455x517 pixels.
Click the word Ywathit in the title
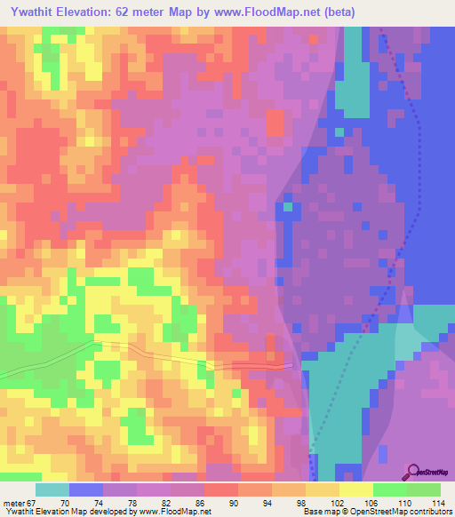(x=33, y=11)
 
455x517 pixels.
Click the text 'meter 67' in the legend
(x=20, y=502)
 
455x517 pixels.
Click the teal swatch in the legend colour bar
(x=52, y=489)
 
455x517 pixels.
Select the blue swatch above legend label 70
(x=86, y=489)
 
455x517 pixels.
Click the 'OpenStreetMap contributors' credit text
(x=408, y=512)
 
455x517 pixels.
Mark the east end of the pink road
(x=291, y=363)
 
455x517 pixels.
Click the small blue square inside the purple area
(x=286, y=211)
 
